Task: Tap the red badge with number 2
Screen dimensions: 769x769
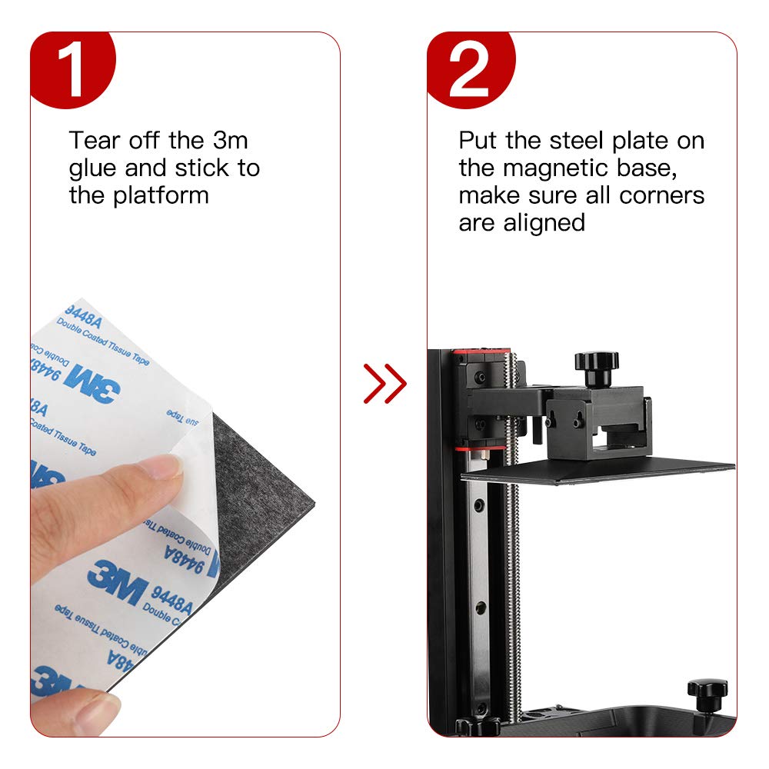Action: (x=471, y=69)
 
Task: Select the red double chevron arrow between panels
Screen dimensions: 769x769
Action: (x=384, y=383)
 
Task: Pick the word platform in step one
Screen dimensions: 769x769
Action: (x=161, y=195)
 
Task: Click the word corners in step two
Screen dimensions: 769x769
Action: (x=661, y=195)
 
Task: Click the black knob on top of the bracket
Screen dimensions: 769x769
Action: (x=596, y=365)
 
